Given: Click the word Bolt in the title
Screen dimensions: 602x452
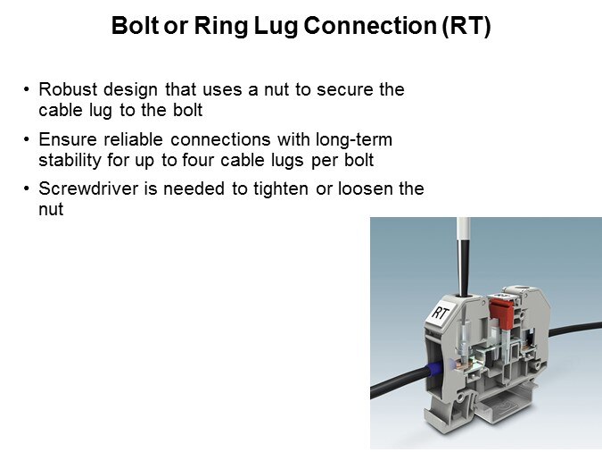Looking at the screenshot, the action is (136, 25).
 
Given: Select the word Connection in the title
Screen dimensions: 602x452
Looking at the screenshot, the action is (370, 25).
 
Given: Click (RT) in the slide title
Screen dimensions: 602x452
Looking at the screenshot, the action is (466, 26).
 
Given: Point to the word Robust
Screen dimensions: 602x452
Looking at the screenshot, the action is (68, 89).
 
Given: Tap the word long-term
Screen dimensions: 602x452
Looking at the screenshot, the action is (354, 140).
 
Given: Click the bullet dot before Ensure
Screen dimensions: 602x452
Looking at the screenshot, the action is (26, 138).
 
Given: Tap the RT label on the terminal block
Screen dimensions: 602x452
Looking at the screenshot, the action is (440, 313).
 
